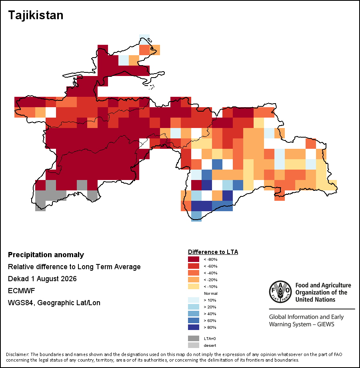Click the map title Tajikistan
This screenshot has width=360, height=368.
(x=36, y=15)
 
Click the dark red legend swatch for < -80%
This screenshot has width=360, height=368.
(x=193, y=259)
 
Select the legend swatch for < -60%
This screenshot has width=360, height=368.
(x=193, y=266)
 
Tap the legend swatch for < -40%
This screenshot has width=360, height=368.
(x=193, y=273)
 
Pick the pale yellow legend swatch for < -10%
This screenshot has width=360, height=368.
(x=193, y=286)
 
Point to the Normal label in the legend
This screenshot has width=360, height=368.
(x=210, y=293)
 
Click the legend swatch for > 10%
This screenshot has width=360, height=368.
(x=193, y=300)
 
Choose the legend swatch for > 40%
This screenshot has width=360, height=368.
(x=193, y=314)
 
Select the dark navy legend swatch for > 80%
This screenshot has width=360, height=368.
(x=193, y=327)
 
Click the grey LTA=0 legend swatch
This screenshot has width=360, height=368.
(x=193, y=338)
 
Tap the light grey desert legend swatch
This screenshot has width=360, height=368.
(x=193, y=345)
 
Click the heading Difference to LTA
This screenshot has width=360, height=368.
(x=213, y=252)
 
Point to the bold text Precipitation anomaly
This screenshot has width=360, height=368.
(x=46, y=255)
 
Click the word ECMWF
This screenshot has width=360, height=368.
(x=21, y=291)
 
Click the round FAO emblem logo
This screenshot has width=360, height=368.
(x=280, y=292)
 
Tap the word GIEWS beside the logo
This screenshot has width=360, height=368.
(x=326, y=324)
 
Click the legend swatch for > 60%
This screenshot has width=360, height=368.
(x=193, y=320)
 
